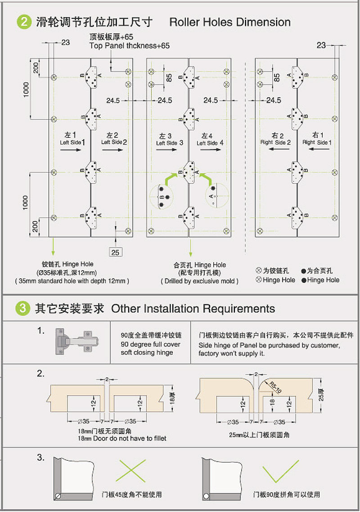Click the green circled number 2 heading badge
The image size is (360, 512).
point(24,22)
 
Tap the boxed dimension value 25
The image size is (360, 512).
point(115,252)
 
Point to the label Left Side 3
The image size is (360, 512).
point(170,143)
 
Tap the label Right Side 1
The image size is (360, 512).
point(317,142)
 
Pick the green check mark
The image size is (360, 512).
point(281,471)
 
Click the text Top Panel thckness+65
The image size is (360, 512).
point(130,45)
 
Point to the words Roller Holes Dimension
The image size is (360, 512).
point(229,22)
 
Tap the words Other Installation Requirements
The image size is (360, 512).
point(193,309)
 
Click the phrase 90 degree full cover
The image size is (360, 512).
point(150,344)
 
